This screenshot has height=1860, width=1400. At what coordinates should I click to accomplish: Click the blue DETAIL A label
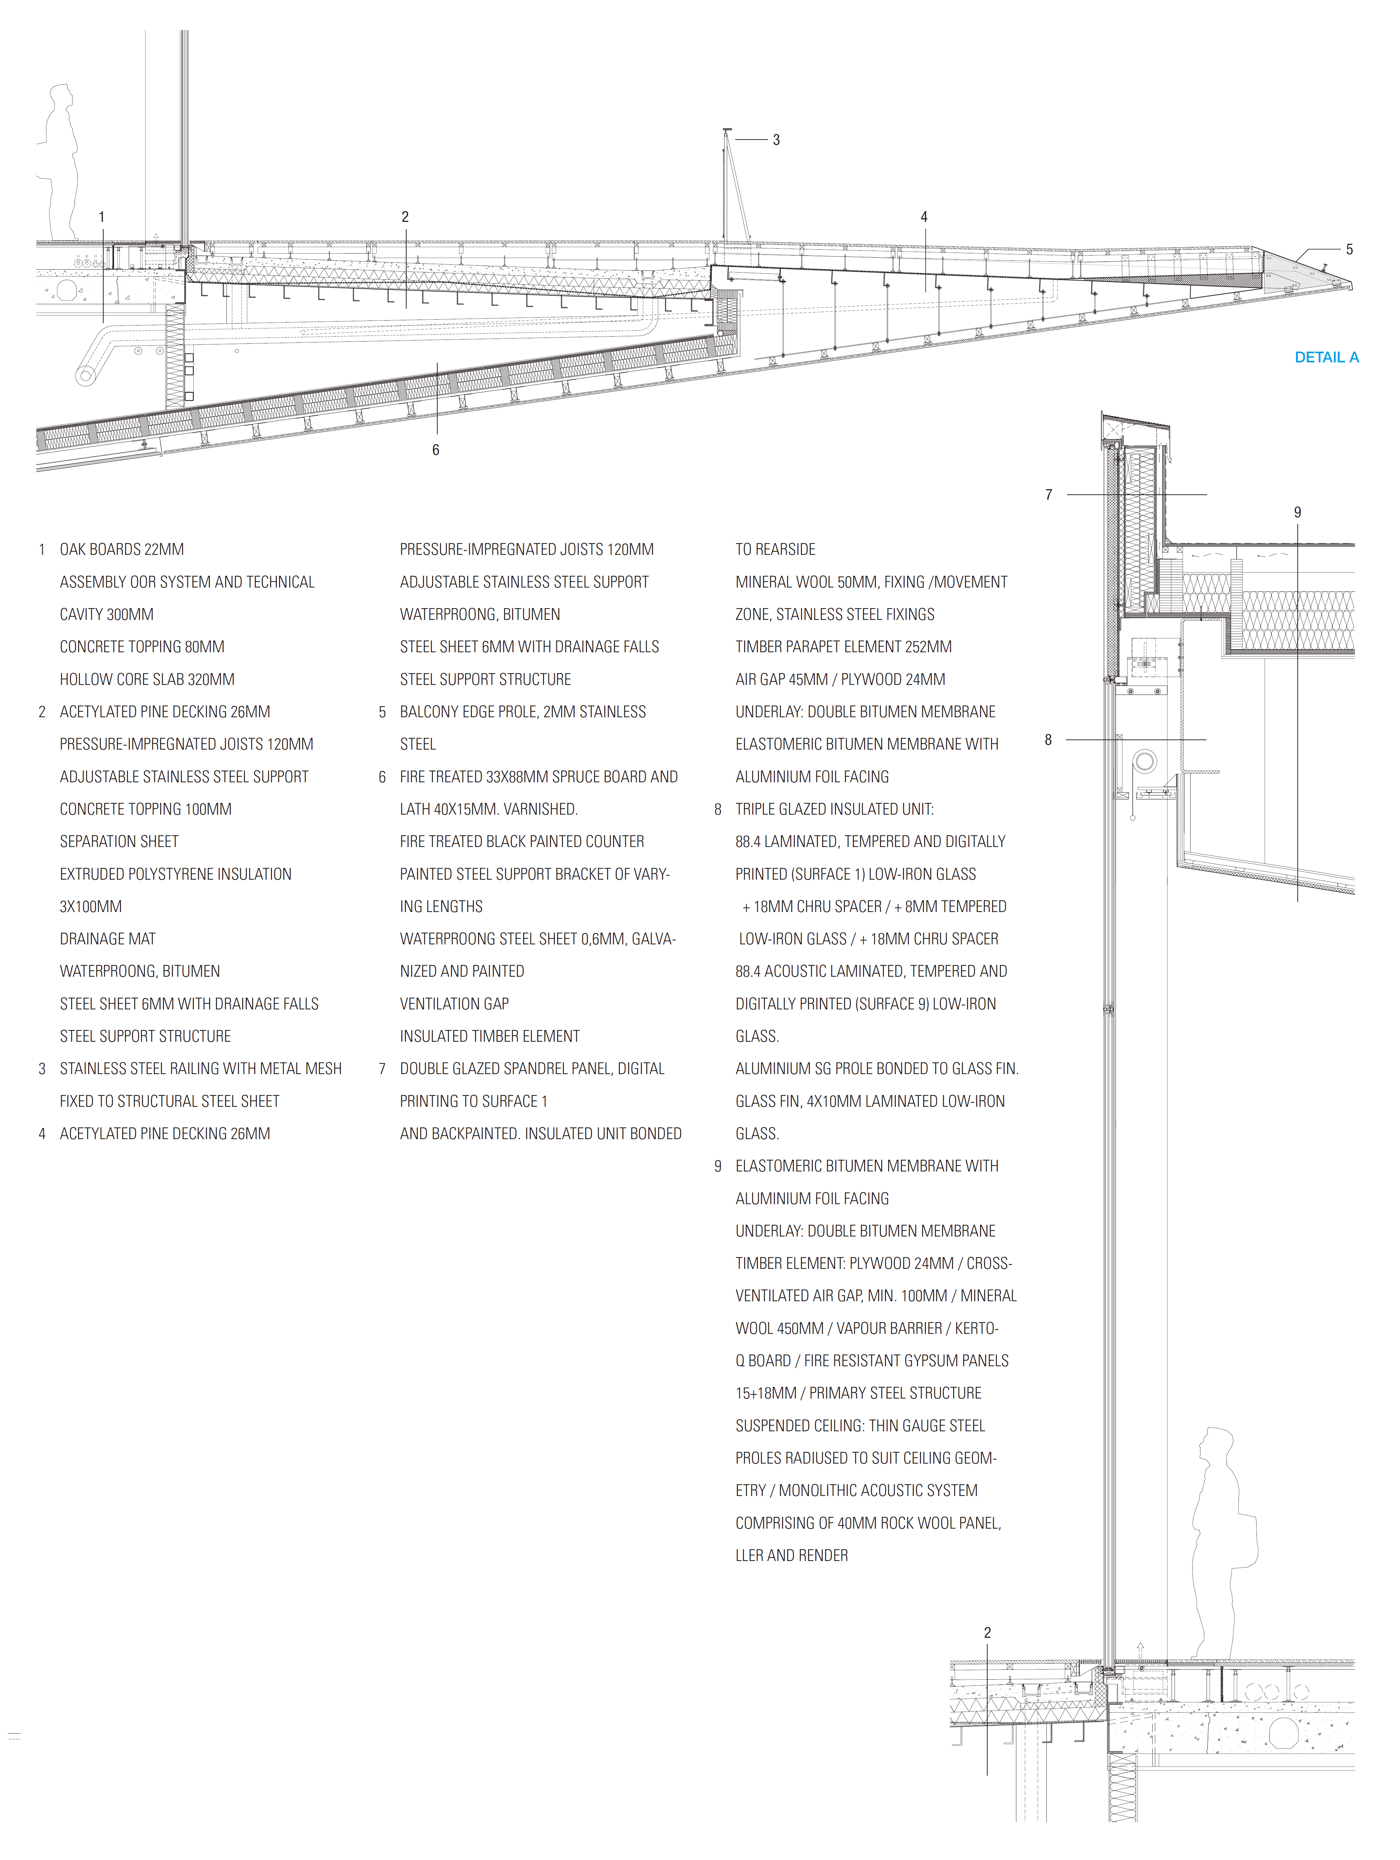1326,357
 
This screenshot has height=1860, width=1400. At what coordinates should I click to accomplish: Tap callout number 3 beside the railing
776,141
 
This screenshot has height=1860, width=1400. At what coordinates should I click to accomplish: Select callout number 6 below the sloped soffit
436,450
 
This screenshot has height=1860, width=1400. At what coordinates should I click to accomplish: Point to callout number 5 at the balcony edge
1350,250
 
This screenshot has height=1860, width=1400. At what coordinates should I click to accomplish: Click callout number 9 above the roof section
1297,512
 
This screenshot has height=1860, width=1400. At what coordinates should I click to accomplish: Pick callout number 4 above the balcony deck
924,217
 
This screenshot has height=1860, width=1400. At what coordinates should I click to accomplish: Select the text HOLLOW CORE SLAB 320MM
147,679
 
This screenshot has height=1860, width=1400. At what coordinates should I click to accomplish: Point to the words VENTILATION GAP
454,1004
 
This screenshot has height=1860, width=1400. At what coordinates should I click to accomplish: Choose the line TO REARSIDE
775,549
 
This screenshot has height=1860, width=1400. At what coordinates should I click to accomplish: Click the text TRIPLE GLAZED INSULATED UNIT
834,809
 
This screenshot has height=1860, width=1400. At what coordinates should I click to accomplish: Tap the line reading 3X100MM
91,906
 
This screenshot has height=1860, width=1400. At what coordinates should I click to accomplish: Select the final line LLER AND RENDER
791,1555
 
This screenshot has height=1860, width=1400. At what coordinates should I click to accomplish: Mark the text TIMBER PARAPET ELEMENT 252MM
843,647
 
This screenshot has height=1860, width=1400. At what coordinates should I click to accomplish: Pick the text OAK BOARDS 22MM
122,549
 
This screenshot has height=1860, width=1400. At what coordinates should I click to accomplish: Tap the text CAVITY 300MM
107,615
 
